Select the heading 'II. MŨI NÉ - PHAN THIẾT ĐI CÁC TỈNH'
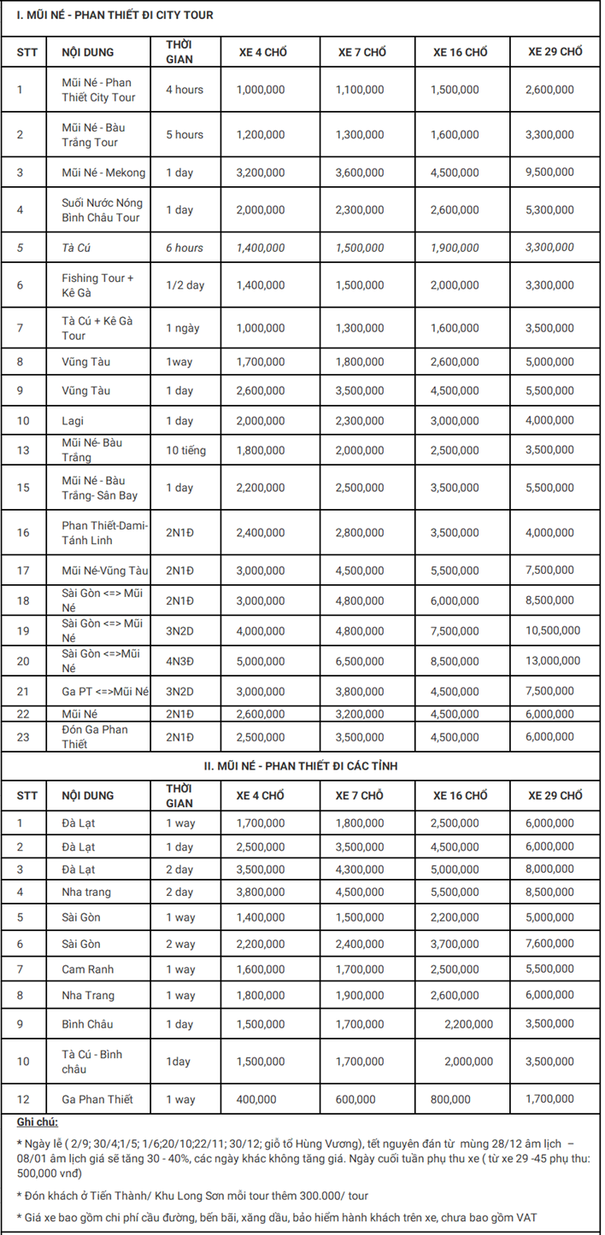coord(302,766)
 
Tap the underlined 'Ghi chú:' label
coord(37,1121)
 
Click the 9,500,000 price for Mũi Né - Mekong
coord(549,173)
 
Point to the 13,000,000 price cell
coord(553,661)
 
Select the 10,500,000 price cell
coord(553,631)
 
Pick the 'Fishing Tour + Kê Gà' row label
coord(98,285)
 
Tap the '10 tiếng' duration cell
coord(185,450)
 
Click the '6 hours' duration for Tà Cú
coord(185,248)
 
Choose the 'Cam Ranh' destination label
coord(87,969)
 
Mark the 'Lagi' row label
coord(73,421)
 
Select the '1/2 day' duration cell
coord(185,285)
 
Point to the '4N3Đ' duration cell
coord(180,661)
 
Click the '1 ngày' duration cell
coord(181,328)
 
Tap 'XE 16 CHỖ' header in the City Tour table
coord(460,53)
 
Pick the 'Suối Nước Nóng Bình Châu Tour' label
coord(103,210)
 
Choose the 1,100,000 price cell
coord(360,90)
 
